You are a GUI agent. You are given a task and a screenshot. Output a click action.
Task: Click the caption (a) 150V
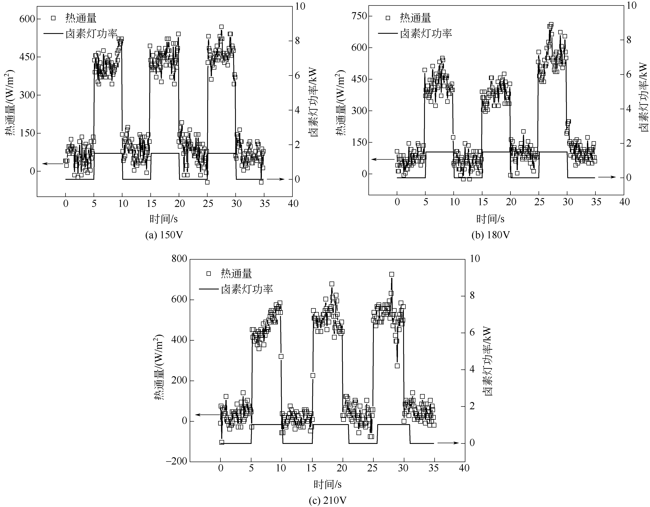click(x=164, y=235)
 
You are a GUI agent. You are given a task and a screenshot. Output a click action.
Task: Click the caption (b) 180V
click(x=491, y=235)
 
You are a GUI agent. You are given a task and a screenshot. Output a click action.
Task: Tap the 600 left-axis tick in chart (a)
click(x=27, y=19)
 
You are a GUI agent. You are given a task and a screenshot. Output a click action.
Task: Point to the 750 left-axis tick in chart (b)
click(x=359, y=16)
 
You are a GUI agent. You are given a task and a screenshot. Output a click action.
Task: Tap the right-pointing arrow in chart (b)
click(x=607, y=177)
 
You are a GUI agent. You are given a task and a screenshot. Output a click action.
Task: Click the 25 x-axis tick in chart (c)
click(x=372, y=468)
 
